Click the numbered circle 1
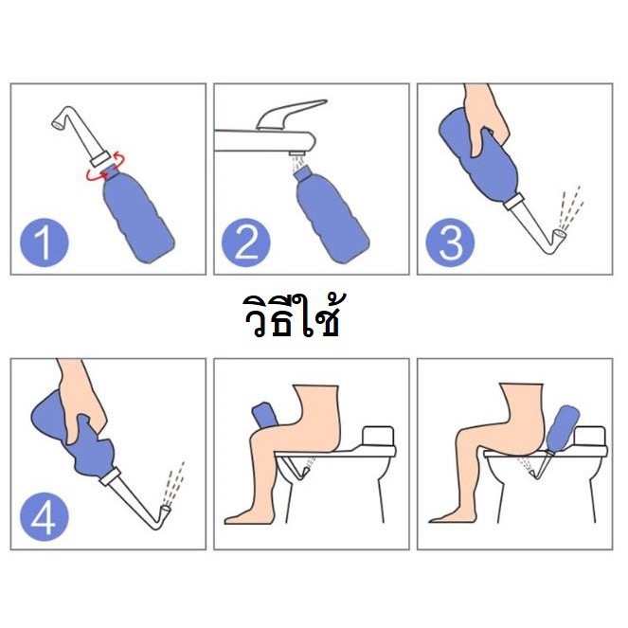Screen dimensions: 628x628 point(45,242)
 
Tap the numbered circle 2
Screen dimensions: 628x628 point(246,242)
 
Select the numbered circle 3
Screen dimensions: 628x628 point(450,242)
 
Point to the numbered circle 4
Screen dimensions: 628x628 point(45,516)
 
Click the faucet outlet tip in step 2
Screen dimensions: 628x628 point(296,153)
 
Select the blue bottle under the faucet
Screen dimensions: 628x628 point(331,214)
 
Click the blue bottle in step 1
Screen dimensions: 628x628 point(137,214)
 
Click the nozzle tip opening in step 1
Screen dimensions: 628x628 point(59,125)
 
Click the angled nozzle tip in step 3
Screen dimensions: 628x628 point(559,234)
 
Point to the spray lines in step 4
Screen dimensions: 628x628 point(174,483)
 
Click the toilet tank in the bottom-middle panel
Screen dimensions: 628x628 point(378,437)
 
